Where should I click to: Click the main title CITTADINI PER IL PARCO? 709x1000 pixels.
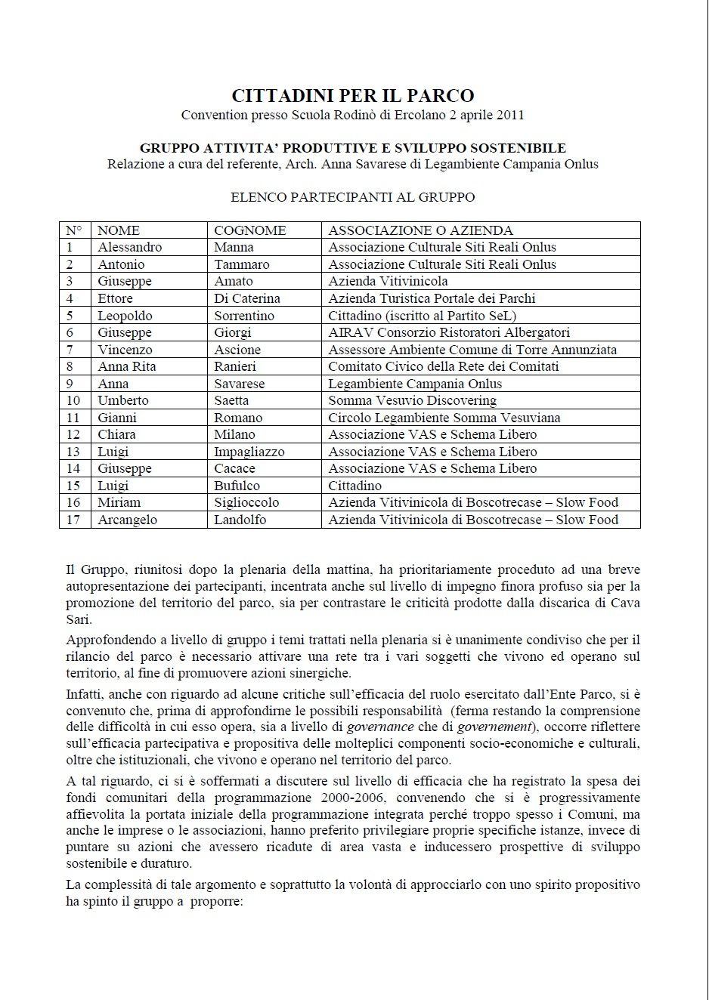click(353, 96)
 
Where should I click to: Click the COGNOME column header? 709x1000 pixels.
click(249, 230)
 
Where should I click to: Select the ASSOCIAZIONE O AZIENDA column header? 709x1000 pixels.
click(420, 230)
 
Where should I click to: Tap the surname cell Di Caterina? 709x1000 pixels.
click(246, 298)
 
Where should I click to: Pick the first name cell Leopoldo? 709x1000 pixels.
click(125, 316)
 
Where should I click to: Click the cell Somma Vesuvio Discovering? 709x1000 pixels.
click(412, 400)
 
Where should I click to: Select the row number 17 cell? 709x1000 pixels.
click(73, 520)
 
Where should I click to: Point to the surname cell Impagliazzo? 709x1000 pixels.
click(249, 452)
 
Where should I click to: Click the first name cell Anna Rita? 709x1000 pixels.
click(126, 366)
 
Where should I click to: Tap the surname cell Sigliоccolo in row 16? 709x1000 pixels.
click(246, 502)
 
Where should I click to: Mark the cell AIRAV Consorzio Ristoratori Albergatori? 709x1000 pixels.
click(449, 332)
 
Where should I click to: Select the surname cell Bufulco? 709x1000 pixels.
click(237, 486)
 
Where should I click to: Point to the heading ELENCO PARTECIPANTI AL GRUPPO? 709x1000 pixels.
click(353, 197)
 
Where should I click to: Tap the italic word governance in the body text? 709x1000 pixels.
click(379, 727)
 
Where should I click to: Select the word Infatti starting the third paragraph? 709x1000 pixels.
click(85, 694)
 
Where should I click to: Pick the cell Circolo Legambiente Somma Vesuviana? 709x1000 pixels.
click(444, 418)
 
